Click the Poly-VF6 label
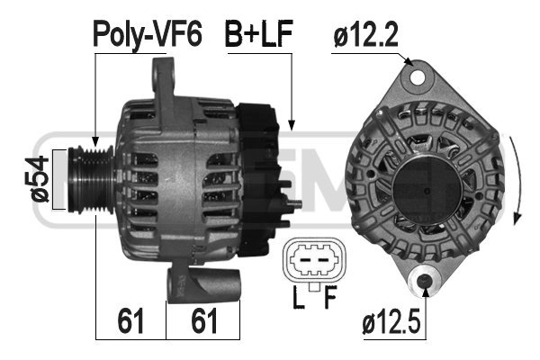point(147,34)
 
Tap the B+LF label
point(258,33)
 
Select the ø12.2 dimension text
point(365,34)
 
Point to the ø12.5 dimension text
point(391,323)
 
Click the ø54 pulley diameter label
point(37,179)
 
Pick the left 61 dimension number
point(130,321)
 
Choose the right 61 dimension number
point(204,321)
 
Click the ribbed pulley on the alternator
point(91,180)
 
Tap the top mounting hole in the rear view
point(418,77)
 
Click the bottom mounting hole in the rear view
point(424,281)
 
